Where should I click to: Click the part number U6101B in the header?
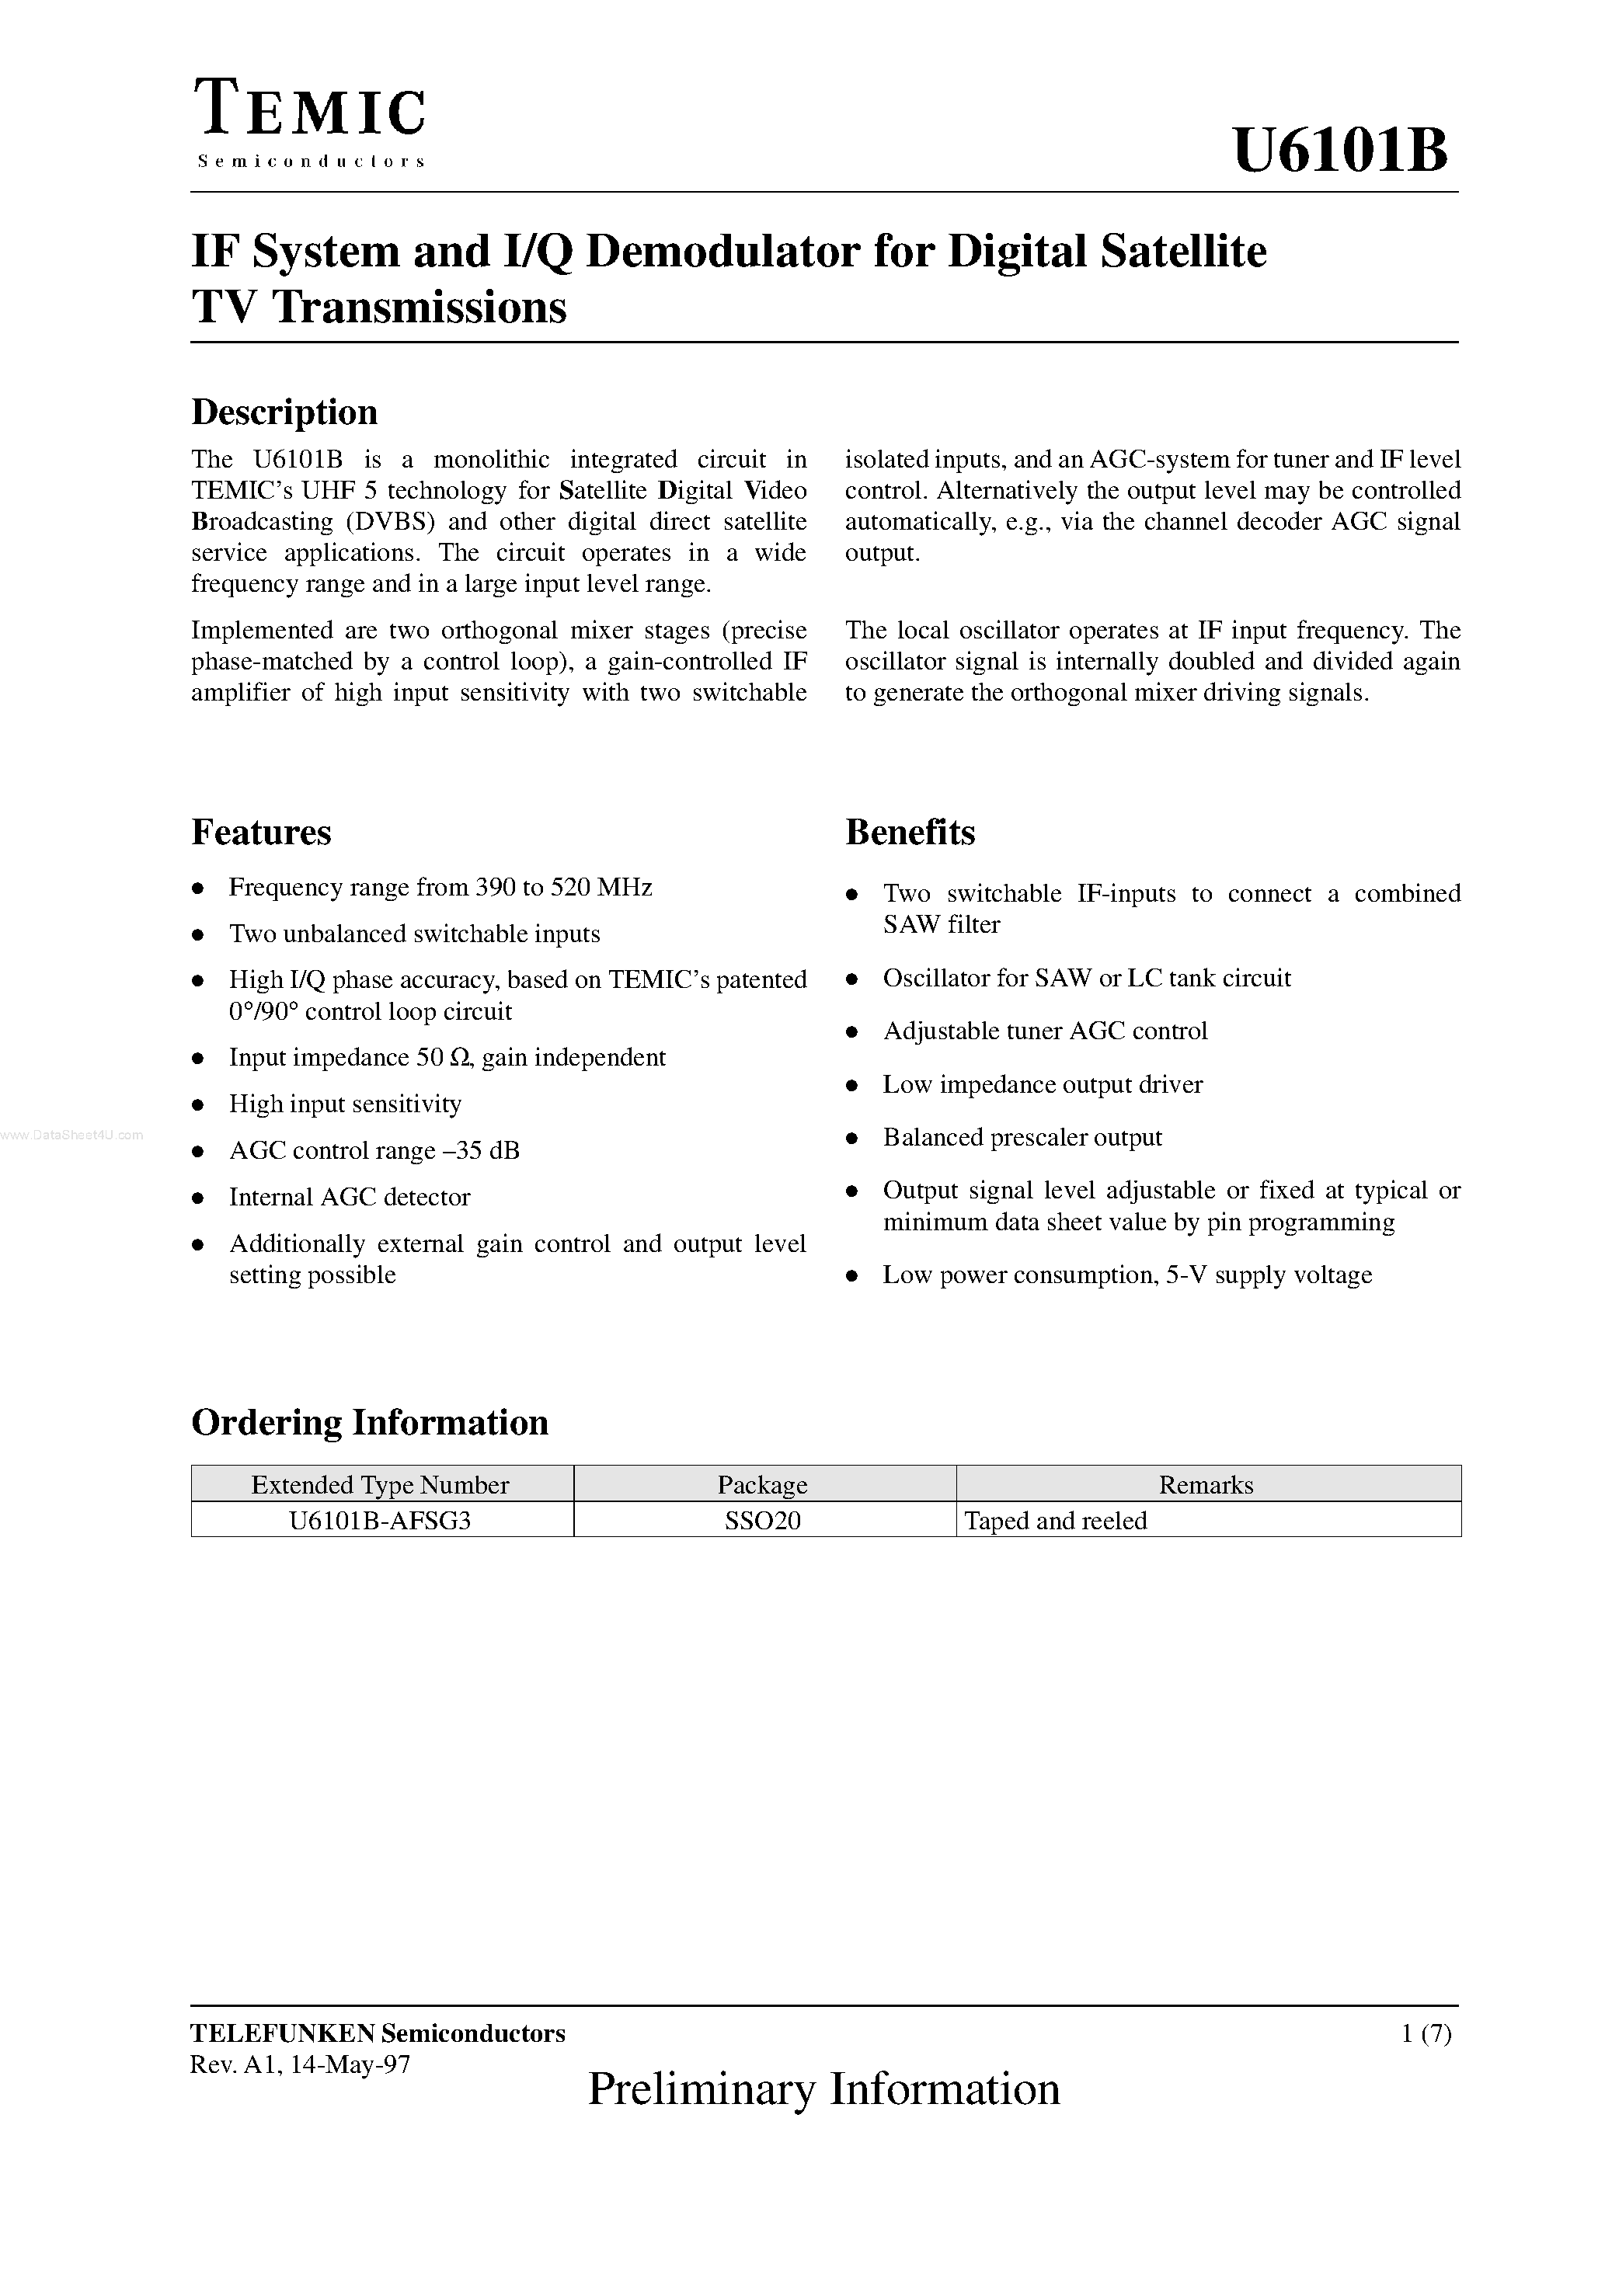[1341, 151]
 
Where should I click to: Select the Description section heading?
[284, 412]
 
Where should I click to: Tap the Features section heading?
[261, 832]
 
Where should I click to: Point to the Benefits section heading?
[910, 832]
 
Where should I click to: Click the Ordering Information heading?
[369, 1422]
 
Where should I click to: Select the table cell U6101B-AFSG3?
[380, 1520]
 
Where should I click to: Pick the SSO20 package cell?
[762, 1520]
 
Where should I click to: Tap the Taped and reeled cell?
[1055, 1520]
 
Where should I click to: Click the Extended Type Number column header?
[380, 1485]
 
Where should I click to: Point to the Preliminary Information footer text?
[823, 2089]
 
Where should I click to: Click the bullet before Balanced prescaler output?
[852, 1139]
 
